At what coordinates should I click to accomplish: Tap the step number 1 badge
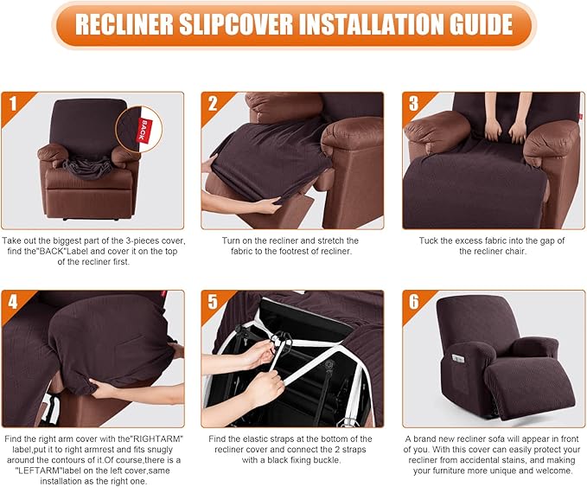coord(13,105)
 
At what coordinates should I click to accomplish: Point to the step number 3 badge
coord(414,105)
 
